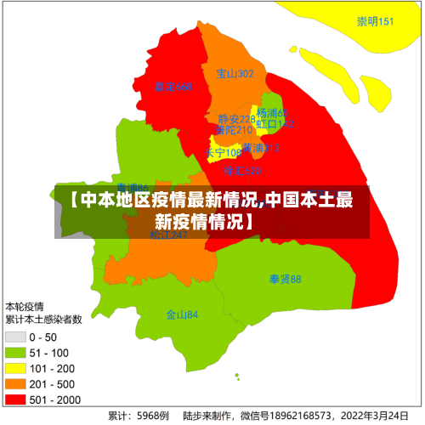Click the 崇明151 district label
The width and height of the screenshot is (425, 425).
tap(375, 22)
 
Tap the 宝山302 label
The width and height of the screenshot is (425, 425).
tap(235, 74)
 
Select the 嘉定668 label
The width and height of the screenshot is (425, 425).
tap(173, 87)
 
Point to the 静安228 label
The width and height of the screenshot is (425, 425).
tap(235, 119)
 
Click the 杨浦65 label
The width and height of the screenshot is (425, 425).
tap(273, 113)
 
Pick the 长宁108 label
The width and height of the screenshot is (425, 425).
tap(224, 153)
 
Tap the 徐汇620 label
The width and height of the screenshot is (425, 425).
tap(242, 171)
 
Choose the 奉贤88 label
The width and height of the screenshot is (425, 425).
tap(285, 279)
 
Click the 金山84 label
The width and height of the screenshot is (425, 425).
tap(182, 314)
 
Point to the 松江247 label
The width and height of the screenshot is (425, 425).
tap(168, 235)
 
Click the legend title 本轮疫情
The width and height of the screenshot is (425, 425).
tap(25, 306)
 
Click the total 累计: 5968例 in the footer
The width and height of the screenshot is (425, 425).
tap(138, 416)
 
